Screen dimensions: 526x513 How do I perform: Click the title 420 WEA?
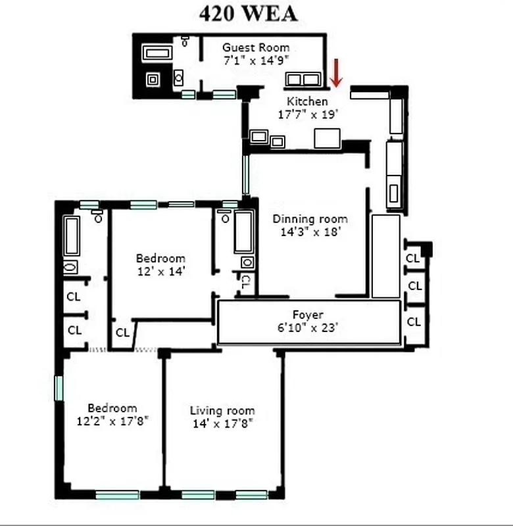pos(248,14)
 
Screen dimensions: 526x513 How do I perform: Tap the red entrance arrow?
pos(336,73)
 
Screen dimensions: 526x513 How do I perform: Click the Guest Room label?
pos(255,47)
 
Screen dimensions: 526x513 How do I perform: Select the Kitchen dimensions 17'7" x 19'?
pos(307,113)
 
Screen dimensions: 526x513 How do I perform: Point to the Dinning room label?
pos(310,219)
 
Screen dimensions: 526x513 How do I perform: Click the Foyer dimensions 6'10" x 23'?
pos(308,327)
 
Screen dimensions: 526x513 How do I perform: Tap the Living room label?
pos(222,410)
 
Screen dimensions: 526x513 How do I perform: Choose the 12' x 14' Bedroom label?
pos(160,258)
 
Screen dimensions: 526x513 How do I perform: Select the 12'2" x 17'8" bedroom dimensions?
pos(112,420)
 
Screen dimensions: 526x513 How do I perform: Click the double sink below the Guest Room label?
pos(303,80)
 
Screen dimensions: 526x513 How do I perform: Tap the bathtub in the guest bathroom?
pos(157,53)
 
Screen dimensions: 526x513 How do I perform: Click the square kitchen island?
pos(327,138)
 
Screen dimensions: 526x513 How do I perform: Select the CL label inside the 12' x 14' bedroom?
pos(122,333)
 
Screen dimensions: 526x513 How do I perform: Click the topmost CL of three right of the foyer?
pos(412,258)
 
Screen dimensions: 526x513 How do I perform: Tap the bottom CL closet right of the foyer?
pos(414,322)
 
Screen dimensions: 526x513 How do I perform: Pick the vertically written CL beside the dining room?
pos(244,283)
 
